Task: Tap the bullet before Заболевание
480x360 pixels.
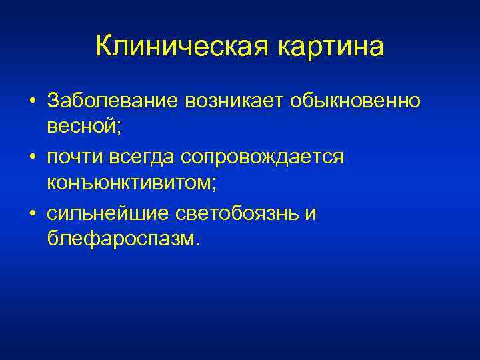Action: [x=32, y=101]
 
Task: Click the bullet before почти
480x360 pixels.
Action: [x=32, y=158]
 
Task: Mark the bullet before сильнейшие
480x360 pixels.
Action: [x=32, y=215]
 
